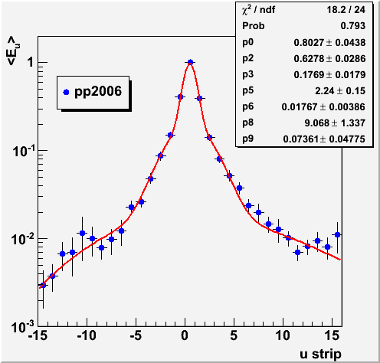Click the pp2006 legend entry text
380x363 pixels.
coord(98,92)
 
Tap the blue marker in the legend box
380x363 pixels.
coord(66,92)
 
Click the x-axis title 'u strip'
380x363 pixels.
coord(320,354)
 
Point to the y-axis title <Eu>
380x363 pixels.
coord(13,51)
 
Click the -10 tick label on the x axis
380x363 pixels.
coord(87,335)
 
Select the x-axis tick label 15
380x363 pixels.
coord(332,335)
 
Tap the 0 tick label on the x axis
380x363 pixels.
coord(185,335)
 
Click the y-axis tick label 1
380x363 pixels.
coord(31,62)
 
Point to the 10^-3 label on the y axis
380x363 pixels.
coord(23,326)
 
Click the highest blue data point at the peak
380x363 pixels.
coord(190,62)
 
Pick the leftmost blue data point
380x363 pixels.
coord(43,285)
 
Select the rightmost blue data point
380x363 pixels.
coord(337,234)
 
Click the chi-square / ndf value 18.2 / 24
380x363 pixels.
coord(346,10)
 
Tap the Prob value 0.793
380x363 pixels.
coord(353,26)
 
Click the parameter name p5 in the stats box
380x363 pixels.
coord(248,90)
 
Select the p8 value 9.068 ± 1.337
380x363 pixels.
coord(335,123)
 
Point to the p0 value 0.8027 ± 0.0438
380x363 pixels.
coord(329,42)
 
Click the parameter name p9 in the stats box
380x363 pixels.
coord(248,139)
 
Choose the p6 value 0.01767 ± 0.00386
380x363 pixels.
coord(323,107)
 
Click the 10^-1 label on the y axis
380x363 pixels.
coord(24,151)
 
